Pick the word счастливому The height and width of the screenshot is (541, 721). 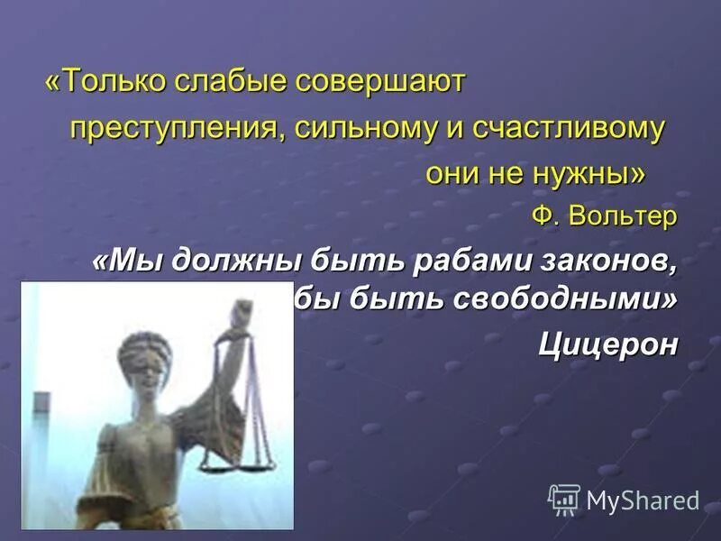click(x=566, y=128)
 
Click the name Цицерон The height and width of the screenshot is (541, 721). click(x=607, y=344)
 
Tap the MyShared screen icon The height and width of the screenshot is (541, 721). click(x=564, y=499)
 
